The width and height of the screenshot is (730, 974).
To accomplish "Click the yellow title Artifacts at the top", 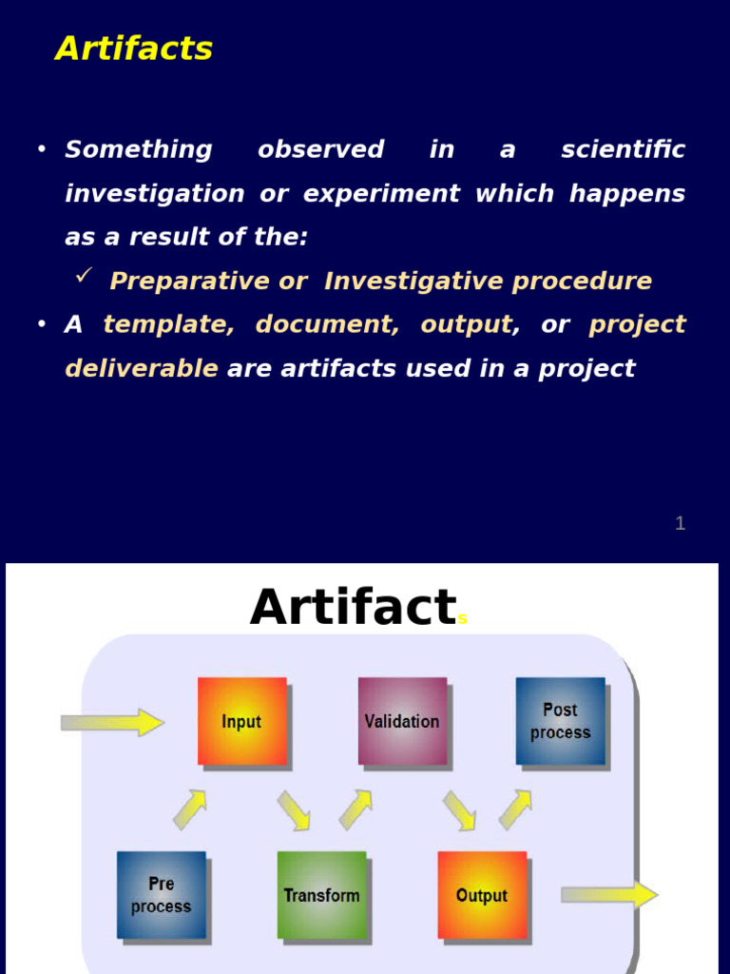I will (x=134, y=49).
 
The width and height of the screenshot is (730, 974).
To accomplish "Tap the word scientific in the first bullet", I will (x=623, y=150).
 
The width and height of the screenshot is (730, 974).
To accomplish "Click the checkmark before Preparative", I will (x=84, y=276).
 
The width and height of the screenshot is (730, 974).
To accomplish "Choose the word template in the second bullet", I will (x=168, y=325).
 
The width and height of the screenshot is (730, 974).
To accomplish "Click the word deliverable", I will (x=141, y=369).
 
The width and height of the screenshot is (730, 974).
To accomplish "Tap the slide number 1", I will (x=680, y=523).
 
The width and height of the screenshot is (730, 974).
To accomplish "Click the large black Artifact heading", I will (x=353, y=607).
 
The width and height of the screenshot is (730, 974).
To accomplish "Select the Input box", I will (x=241, y=721).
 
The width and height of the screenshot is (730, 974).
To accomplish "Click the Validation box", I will (x=402, y=721).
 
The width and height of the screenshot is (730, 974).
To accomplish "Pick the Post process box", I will (x=560, y=721).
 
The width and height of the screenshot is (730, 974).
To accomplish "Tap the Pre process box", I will (x=161, y=895).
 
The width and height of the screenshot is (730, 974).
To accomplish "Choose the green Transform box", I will (x=321, y=895).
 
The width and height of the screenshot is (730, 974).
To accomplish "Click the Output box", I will (x=482, y=895).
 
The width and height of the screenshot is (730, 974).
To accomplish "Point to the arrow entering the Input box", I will (x=112, y=722).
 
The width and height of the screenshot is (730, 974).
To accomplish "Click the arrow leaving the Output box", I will (x=609, y=895).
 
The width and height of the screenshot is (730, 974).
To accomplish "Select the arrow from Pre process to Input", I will (x=190, y=809).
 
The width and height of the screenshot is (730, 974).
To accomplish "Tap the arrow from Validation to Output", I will (x=459, y=810).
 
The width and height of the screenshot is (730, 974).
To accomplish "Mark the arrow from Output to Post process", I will (x=515, y=809).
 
